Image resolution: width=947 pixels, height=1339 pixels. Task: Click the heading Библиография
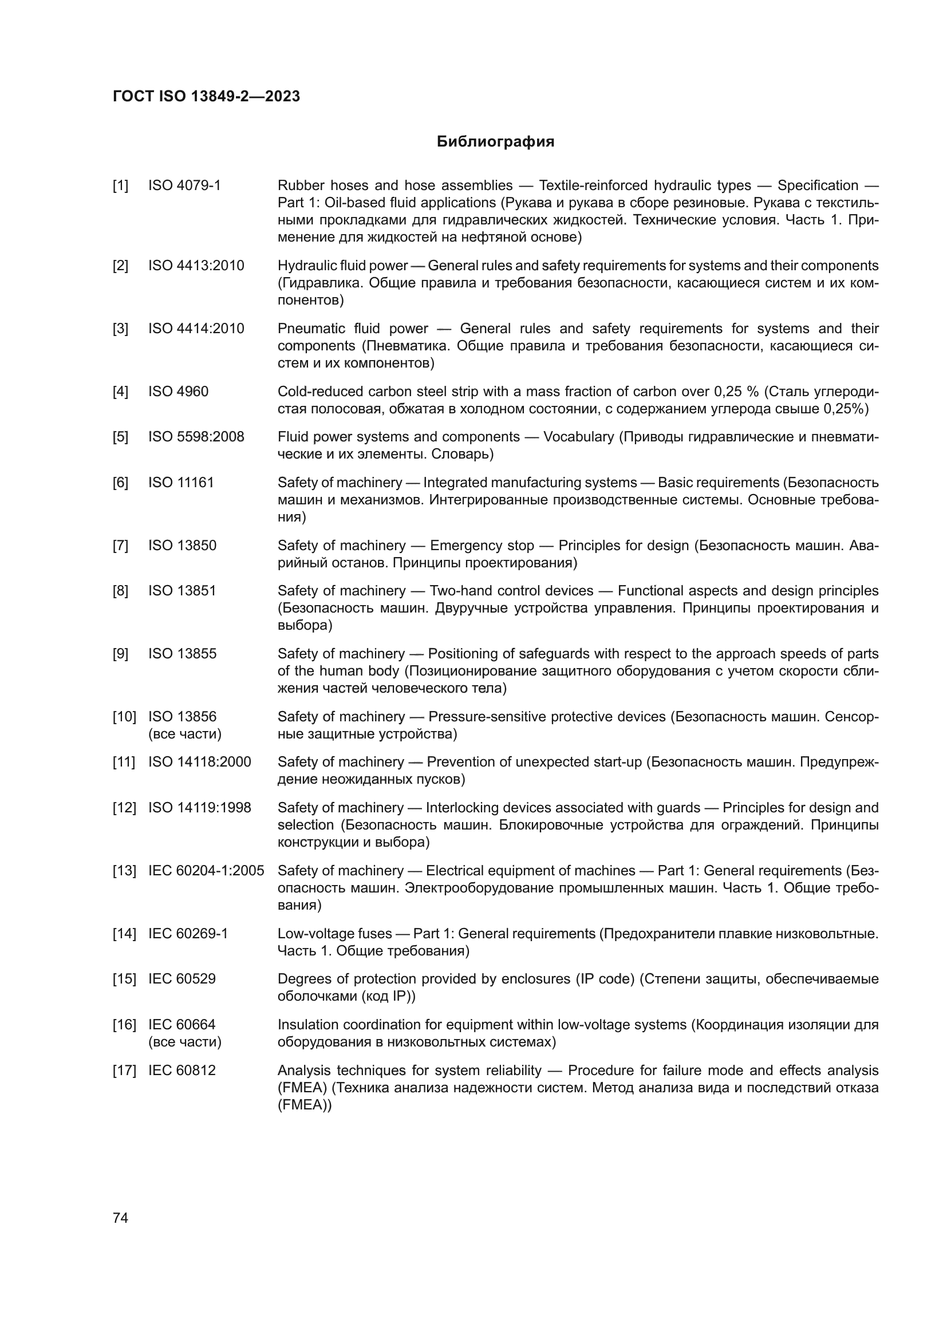tap(495, 142)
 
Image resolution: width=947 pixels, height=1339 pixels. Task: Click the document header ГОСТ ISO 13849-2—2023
tap(206, 96)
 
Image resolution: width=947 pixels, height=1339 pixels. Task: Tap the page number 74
tap(120, 1218)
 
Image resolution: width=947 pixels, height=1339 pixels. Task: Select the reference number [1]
tap(120, 185)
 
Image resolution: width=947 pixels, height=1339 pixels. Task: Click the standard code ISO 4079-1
tap(184, 185)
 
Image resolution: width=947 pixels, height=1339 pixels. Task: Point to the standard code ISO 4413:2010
tap(196, 266)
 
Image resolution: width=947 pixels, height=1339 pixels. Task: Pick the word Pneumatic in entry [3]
tap(307, 329)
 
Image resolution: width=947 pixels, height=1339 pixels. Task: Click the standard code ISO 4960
tap(178, 392)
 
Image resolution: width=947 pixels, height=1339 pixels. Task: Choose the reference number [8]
tap(120, 591)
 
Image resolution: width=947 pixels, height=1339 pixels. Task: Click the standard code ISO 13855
tap(182, 654)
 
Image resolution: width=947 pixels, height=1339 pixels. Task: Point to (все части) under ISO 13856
tap(185, 734)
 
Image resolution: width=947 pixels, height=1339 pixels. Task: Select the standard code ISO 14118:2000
tap(199, 762)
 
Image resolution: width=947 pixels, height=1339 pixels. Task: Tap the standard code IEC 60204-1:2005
tap(206, 871)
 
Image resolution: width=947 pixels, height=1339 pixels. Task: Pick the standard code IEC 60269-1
tap(188, 934)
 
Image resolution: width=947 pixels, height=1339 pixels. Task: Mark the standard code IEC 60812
tap(182, 1070)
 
